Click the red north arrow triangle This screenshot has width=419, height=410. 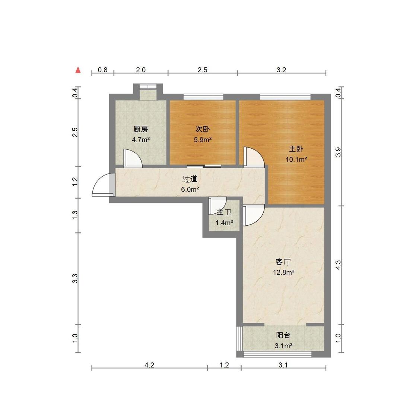pos(78,70)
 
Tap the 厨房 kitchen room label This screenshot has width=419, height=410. pos(140,129)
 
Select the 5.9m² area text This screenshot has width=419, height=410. pos(203,139)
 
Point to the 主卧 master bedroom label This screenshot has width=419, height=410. pos(296,149)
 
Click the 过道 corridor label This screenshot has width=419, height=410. pos(190,179)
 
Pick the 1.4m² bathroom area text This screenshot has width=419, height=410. pos(224,222)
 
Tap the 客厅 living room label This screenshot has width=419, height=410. pos(283,262)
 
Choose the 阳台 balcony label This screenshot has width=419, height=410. pos(283,335)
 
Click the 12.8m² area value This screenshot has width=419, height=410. pos(283,273)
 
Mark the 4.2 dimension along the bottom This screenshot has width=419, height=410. pos(149,365)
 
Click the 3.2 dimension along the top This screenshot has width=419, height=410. pos(282,70)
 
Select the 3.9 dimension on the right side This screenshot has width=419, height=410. pos(338,152)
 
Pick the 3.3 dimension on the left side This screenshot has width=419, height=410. pos(75,279)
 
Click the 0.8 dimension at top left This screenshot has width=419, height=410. pos(103,70)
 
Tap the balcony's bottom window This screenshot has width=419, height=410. pos(277,355)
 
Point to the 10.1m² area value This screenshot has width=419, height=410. pos(296,160)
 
